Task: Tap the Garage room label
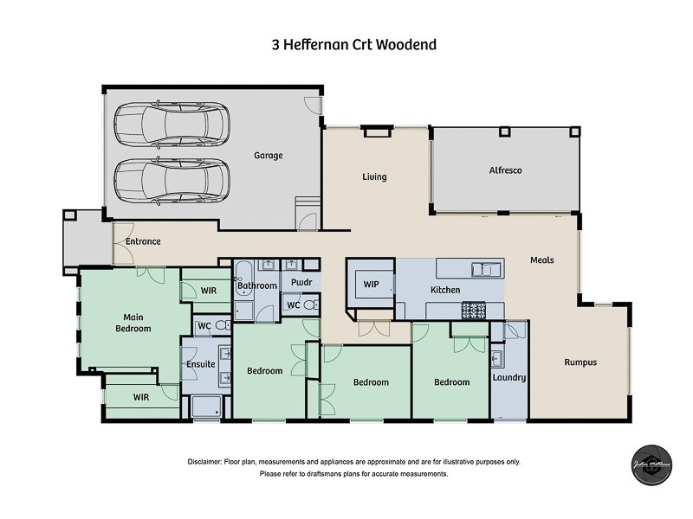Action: (x=268, y=156)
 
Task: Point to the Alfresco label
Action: (x=505, y=171)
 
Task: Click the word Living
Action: (x=374, y=177)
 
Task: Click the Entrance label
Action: (x=143, y=241)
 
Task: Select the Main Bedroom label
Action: (x=133, y=323)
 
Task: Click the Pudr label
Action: (x=301, y=283)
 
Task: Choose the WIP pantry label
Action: (x=372, y=284)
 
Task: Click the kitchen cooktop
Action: (x=473, y=309)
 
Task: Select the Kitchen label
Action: (x=445, y=290)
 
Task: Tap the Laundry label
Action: (x=508, y=378)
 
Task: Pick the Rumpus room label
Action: (x=580, y=362)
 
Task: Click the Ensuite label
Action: (x=200, y=364)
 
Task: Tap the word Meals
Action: (x=542, y=260)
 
